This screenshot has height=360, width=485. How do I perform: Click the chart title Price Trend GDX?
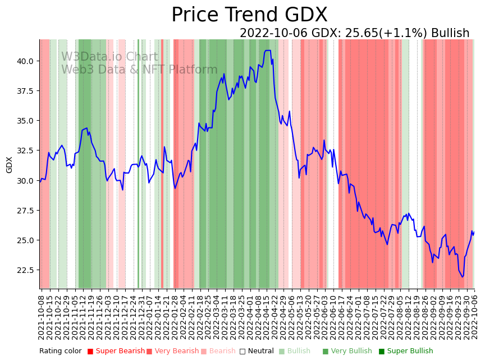click(x=249, y=15)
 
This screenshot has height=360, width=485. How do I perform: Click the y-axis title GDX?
click(x=9, y=165)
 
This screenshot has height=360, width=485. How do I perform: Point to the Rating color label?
click(x=60, y=351)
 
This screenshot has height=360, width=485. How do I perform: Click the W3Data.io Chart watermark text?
click(x=109, y=57)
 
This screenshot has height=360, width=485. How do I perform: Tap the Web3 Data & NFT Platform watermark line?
click(x=139, y=70)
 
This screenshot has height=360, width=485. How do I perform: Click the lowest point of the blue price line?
click(x=463, y=276)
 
